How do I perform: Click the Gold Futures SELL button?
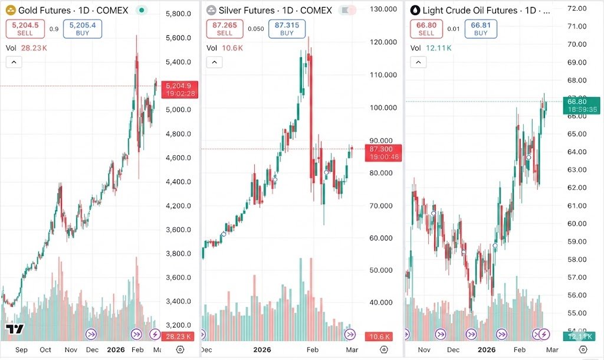point(25,28)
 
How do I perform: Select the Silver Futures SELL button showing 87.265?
point(225,28)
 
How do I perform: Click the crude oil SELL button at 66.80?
point(426,28)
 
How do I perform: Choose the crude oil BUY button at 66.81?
point(481,28)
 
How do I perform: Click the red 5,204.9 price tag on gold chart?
point(181,89)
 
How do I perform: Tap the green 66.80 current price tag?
point(582,105)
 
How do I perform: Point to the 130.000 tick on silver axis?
point(381,9)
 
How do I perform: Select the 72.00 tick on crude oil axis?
point(575,8)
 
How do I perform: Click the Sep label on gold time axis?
point(21,349)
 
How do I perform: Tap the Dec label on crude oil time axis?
point(454,349)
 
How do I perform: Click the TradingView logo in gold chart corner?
point(14,329)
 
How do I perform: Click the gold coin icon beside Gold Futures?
point(10,11)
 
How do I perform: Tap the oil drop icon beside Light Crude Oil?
point(415,11)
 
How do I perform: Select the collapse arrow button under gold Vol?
point(14,62)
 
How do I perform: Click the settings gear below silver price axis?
point(382,349)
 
